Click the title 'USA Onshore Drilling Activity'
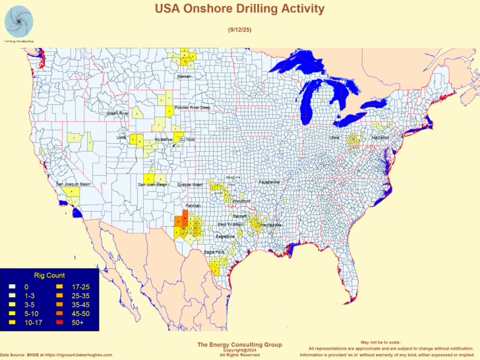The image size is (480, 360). [x=239, y=9]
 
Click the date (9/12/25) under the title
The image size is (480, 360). [x=239, y=29]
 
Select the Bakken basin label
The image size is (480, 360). [x=184, y=76]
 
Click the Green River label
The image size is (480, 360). [x=118, y=113]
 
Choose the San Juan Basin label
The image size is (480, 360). [x=152, y=185]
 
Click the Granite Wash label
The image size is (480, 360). [x=191, y=185]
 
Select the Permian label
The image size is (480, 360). [x=193, y=206]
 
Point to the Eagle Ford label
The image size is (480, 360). [x=214, y=251]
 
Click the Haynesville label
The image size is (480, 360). [x=270, y=225]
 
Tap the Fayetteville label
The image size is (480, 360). [x=269, y=181]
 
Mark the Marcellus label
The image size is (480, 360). [x=380, y=137]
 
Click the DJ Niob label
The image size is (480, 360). [x=187, y=139]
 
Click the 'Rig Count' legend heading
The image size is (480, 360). [x=49, y=275]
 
